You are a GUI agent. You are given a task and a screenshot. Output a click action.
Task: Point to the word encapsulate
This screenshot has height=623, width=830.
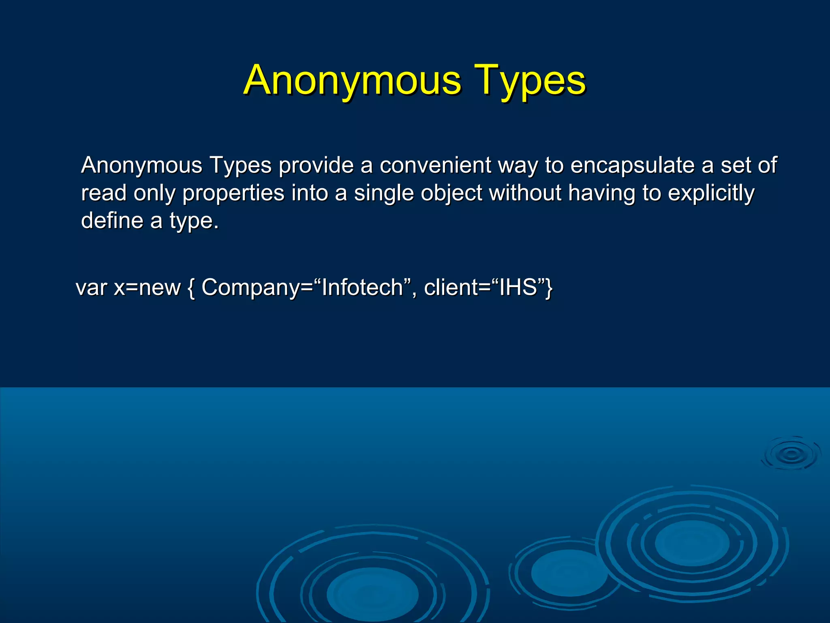click(x=632, y=165)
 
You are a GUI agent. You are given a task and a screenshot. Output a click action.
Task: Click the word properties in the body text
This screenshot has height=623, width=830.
click(x=233, y=193)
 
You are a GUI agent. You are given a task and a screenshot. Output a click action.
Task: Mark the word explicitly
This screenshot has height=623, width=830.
click(x=711, y=193)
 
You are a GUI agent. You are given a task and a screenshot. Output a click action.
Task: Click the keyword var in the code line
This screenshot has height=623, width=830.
click(x=92, y=288)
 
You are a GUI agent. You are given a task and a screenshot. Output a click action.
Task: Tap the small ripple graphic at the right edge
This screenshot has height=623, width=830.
click(x=791, y=454)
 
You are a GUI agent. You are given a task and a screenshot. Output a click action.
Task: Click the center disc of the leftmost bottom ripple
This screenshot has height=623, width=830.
click(x=372, y=594)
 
